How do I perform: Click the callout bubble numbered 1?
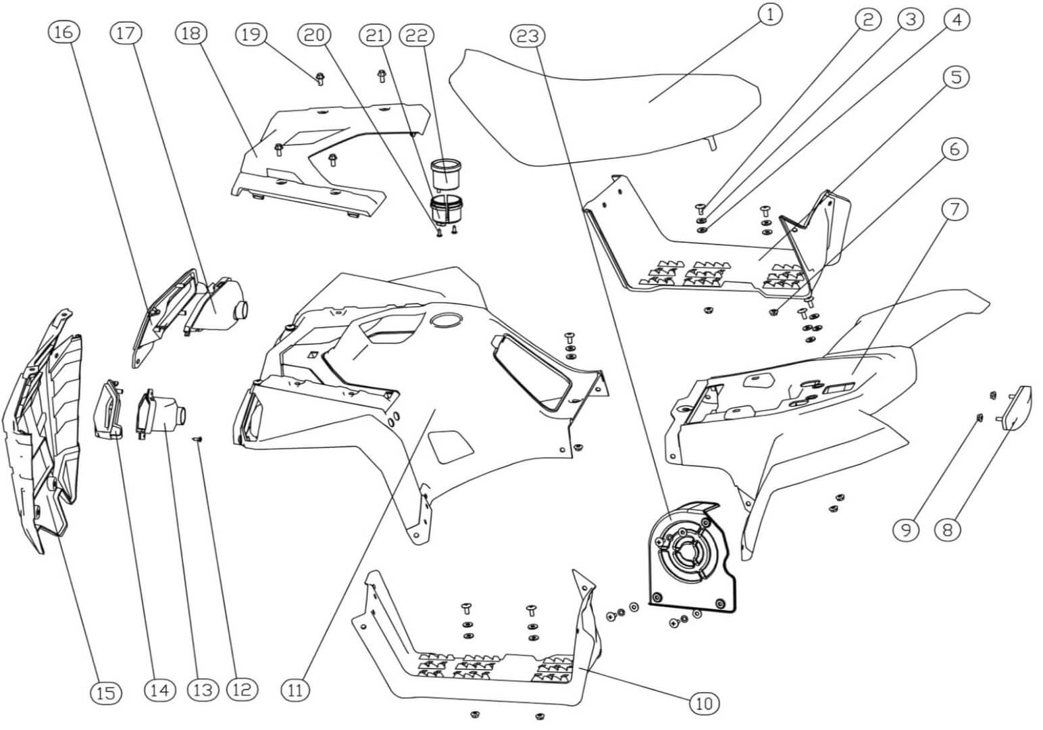coord(769,14)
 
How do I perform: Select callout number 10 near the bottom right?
coord(704,704)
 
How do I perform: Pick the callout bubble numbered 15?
coord(105,692)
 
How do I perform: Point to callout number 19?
coord(251,34)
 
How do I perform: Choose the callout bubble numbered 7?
coord(954,210)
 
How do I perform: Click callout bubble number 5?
coord(955,77)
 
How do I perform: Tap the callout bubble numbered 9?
coord(905,529)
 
